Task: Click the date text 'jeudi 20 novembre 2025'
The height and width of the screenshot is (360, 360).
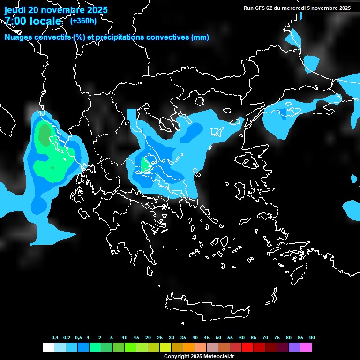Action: pos(56,10)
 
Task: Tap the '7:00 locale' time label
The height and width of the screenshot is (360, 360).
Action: pos(33,21)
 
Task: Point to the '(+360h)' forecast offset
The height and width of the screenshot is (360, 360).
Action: pos(83,21)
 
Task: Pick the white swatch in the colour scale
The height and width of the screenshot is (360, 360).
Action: pos(48,347)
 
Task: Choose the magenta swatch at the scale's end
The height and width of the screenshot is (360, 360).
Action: pos(306,347)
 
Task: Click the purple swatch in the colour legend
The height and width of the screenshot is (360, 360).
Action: pos(294,347)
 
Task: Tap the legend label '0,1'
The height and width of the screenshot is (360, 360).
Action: pos(55,338)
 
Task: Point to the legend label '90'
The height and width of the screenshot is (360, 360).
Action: pos(312,338)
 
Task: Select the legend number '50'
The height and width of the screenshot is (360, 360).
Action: pos(218,338)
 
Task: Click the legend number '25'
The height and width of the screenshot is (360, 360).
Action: pos(160,338)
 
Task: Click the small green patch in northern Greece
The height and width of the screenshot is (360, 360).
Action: pos(145,164)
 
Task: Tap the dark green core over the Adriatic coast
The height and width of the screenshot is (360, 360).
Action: pos(45,135)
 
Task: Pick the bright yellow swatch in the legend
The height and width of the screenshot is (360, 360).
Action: pos(165,347)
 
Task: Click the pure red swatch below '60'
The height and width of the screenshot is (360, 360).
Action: pos(247,347)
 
